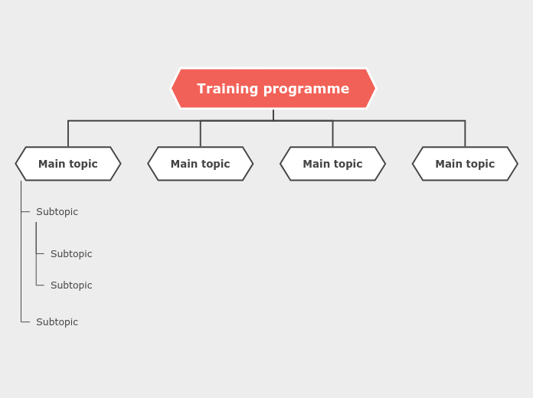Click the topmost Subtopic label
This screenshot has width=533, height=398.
click(x=57, y=212)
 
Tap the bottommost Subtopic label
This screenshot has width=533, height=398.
click(x=57, y=322)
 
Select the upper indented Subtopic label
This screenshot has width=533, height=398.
click(x=71, y=254)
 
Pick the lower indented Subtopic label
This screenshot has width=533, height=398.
click(x=71, y=285)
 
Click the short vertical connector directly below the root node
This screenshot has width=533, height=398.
click(x=273, y=115)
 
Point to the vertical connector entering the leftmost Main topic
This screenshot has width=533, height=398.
click(x=68, y=134)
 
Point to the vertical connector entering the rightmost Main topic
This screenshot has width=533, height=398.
click(x=465, y=134)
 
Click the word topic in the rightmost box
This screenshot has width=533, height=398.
click(x=480, y=164)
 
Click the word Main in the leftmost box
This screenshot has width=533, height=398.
click(x=51, y=164)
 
